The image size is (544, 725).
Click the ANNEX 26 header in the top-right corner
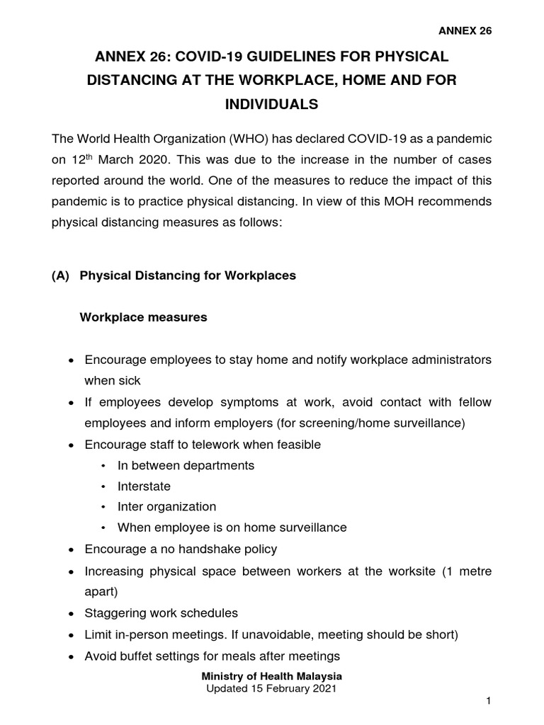click(x=465, y=30)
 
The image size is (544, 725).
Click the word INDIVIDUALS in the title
click(x=271, y=104)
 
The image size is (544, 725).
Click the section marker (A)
click(x=61, y=276)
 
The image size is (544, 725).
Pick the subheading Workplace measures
click(x=144, y=317)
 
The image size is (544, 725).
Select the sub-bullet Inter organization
click(x=166, y=507)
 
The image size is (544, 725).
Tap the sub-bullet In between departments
click(x=186, y=465)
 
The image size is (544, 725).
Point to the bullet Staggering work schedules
click(x=161, y=612)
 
